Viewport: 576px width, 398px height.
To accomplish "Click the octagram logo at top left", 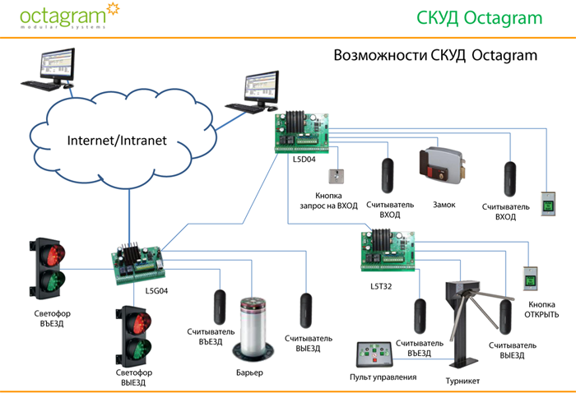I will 63,16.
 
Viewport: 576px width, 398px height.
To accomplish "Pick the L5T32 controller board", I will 390,251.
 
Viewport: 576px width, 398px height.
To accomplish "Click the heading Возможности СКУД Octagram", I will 435,56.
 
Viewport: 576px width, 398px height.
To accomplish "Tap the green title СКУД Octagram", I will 492,18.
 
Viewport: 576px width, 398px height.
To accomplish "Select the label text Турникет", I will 462,381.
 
